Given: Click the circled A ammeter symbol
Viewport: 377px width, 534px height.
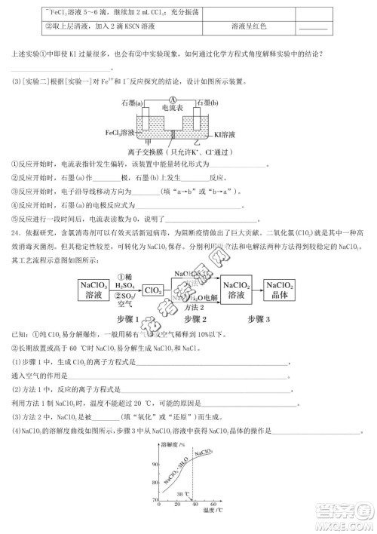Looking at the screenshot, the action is (x=173, y=100).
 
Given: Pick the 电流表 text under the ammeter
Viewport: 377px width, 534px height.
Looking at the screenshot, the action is (x=173, y=109).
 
